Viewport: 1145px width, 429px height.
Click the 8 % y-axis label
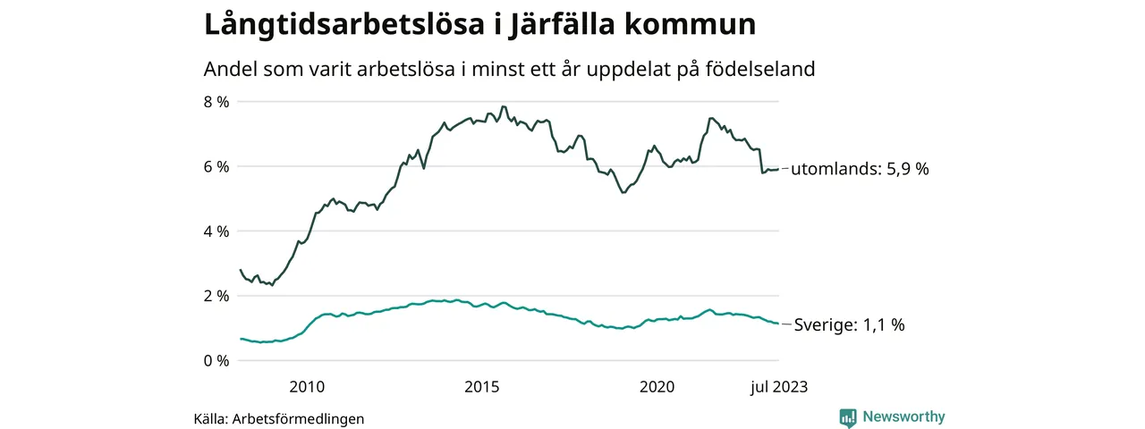coord(216,102)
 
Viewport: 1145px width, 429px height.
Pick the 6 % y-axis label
coord(216,167)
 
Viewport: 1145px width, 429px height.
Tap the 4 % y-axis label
coord(216,231)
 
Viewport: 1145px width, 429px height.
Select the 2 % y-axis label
coord(216,296)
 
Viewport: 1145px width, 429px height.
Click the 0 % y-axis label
coord(216,361)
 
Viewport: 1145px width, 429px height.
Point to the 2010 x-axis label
coord(306,387)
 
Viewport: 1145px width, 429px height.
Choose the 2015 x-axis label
coord(481,387)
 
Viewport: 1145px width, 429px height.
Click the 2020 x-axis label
coord(657,387)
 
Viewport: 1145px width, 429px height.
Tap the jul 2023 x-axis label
coord(777,387)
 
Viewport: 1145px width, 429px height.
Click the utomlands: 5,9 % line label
coord(861,169)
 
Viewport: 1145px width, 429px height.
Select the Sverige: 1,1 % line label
coord(849,325)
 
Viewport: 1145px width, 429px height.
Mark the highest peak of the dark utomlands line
coord(503,106)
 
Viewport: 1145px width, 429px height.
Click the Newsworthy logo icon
coord(848,416)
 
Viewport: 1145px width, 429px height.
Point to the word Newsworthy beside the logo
coord(903,416)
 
